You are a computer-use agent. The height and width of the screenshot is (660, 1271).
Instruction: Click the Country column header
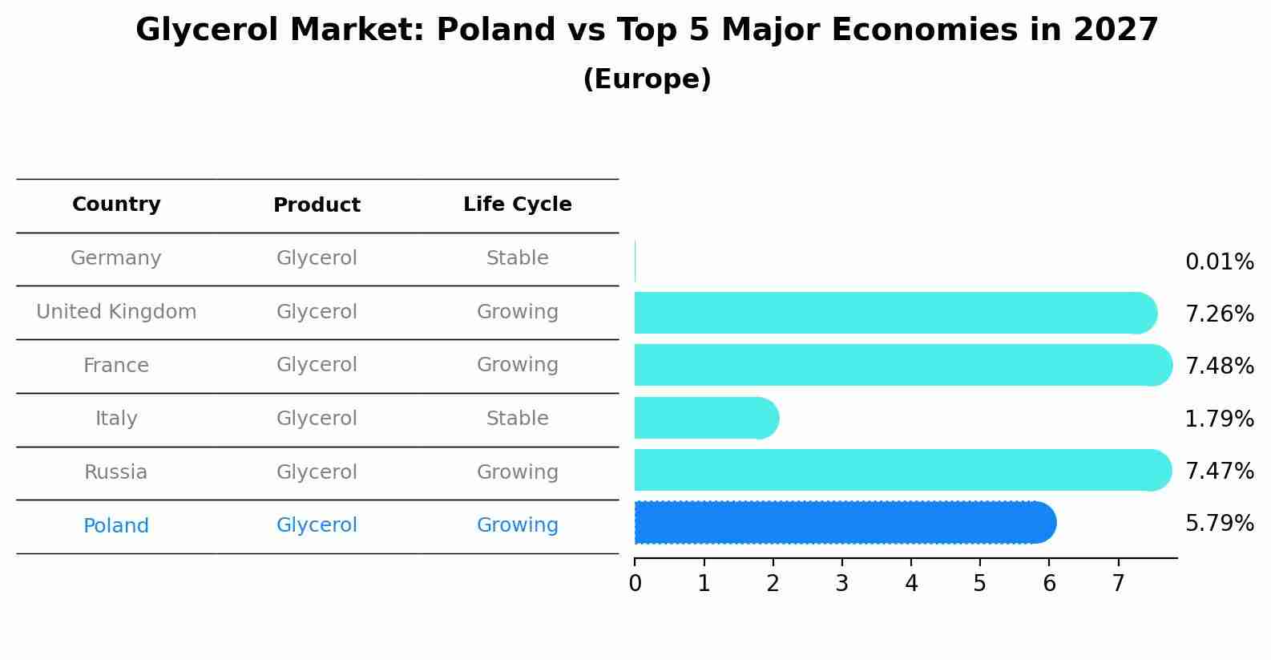[x=116, y=204]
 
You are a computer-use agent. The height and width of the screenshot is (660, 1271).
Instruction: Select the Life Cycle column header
[x=517, y=204]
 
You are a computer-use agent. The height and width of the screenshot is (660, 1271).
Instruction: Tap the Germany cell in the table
[x=116, y=258]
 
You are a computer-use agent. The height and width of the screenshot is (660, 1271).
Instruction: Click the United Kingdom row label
[x=116, y=312]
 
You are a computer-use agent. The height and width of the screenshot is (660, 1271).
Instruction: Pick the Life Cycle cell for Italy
[x=517, y=419]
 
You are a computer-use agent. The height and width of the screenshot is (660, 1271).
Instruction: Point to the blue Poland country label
[x=116, y=526]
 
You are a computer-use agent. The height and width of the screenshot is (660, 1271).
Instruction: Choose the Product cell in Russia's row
[x=317, y=472]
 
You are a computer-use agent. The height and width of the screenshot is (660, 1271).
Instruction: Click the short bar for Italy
[x=705, y=418]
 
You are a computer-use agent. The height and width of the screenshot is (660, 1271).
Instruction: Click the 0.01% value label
[x=1219, y=262]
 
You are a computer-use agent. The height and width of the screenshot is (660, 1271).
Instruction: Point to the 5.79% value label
[x=1219, y=524]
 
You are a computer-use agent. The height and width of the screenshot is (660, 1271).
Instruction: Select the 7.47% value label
[x=1219, y=471]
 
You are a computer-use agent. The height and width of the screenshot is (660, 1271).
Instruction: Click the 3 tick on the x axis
[x=841, y=583]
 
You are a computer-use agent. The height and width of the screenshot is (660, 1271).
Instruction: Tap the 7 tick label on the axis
[x=1118, y=583]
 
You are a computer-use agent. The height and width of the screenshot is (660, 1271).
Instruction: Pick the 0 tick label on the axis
[x=635, y=583]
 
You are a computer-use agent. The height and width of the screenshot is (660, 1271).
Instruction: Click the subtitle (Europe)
[x=647, y=79]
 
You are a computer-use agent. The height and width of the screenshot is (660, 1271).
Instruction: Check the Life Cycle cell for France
[x=517, y=365]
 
